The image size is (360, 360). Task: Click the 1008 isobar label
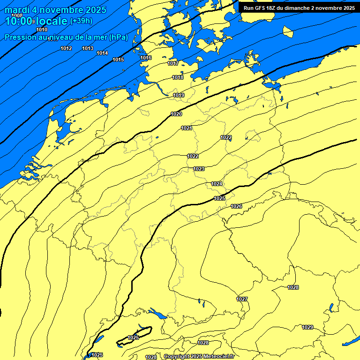(17, 15)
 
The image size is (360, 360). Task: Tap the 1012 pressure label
(66, 49)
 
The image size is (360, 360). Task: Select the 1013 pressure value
(88, 49)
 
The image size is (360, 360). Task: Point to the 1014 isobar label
(102, 53)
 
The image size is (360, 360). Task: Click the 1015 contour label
(118, 60)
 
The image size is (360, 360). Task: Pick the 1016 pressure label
(146, 58)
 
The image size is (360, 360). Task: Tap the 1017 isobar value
(173, 64)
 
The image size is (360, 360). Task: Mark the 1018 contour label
(178, 78)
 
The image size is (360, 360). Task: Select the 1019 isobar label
(179, 96)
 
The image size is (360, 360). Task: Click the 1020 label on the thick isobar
(176, 114)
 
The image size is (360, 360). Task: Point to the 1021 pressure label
(187, 128)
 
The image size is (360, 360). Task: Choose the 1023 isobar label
(199, 169)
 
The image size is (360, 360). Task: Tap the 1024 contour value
(217, 184)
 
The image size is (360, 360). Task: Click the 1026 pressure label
(236, 207)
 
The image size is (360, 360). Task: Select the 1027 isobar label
(242, 299)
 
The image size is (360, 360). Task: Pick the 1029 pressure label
(307, 327)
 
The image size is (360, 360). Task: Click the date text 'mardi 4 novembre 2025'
(55, 10)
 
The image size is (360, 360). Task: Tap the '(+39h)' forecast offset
(81, 21)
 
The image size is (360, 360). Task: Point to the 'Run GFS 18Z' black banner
(299, 7)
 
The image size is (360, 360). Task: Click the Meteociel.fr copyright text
(199, 357)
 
